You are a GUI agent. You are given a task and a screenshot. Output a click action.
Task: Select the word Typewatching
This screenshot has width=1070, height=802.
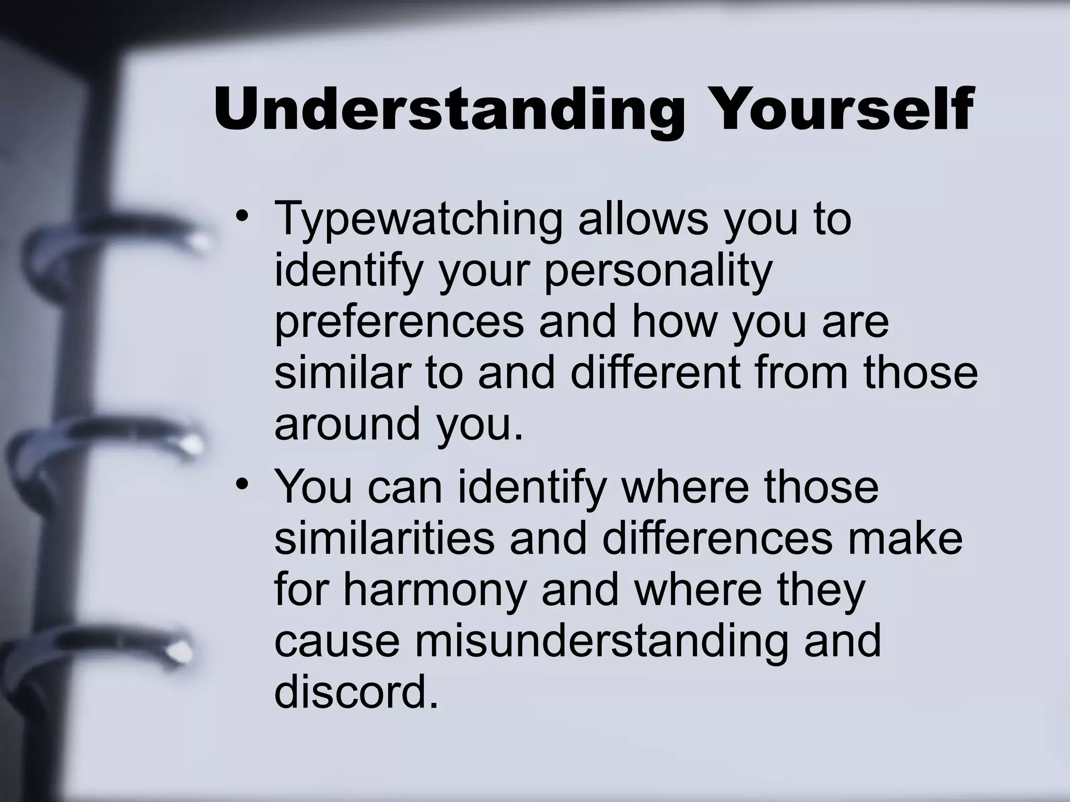pos(418,219)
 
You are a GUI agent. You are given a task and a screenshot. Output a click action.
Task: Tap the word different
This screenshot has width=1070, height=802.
pos(656,373)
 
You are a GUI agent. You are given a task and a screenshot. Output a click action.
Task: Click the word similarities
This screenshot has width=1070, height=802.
pos(384,539)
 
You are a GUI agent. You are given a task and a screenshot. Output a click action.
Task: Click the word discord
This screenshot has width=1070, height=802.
pos(356,692)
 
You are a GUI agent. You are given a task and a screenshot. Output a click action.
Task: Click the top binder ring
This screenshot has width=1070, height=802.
pos(120,240)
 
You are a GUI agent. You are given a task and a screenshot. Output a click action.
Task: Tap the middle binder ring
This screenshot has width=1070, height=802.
pos(110,444)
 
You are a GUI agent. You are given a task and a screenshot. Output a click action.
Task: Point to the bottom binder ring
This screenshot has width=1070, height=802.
pos(99,650)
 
